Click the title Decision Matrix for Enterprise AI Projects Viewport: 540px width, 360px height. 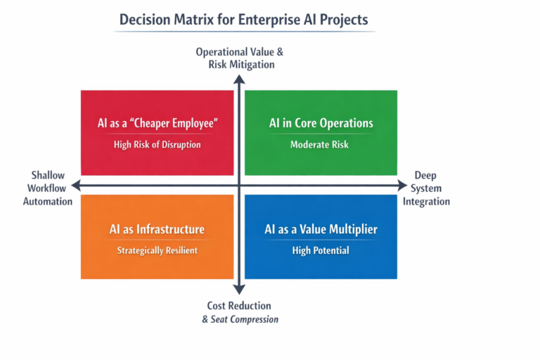tap(243, 19)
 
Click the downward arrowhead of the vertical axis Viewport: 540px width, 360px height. tap(239, 289)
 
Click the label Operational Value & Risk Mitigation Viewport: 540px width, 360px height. tap(240, 58)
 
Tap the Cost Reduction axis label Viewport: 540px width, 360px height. tap(239, 306)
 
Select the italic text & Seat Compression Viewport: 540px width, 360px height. tap(240, 319)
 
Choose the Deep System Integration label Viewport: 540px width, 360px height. tap(426, 188)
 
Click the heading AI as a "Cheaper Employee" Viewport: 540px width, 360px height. tap(157, 124)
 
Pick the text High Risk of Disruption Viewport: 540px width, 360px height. tap(157, 145)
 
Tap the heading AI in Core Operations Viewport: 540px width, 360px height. tap(321, 124)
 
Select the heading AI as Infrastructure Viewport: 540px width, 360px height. tap(157, 229)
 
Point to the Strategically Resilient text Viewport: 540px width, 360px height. tap(157, 250)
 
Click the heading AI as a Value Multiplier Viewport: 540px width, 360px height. tap(321, 229)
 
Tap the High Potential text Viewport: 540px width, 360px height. tap(321, 250)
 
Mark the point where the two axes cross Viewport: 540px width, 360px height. tap(239, 186)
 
